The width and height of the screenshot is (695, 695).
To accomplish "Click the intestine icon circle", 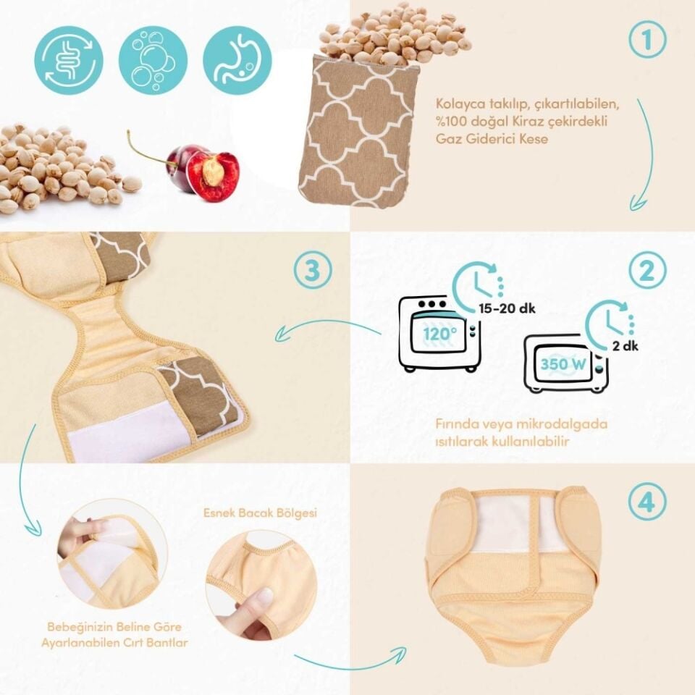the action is (x=69, y=60).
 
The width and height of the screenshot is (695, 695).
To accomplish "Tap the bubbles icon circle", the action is (x=153, y=60).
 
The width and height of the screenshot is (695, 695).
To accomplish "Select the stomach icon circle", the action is (x=237, y=60).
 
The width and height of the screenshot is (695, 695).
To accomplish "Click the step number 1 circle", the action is (x=647, y=40).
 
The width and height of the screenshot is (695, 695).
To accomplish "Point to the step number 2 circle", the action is (x=647, y=270).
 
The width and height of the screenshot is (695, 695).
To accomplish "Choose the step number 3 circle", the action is (x=313, y=270).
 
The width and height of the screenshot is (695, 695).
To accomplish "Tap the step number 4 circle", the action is (x=647, y=502).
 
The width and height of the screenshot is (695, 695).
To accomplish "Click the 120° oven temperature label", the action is (x=439, y=333).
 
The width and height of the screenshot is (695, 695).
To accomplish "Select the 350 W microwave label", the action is (x=563, y=364).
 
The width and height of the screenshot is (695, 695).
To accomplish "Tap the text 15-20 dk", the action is (x=507, y=308).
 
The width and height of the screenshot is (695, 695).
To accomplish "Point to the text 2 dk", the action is (x=625, y=346).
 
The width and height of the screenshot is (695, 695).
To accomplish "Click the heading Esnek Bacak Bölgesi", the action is (x=261, y=513).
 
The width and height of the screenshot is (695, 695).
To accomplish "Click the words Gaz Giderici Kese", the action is (x=492, y=139).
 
